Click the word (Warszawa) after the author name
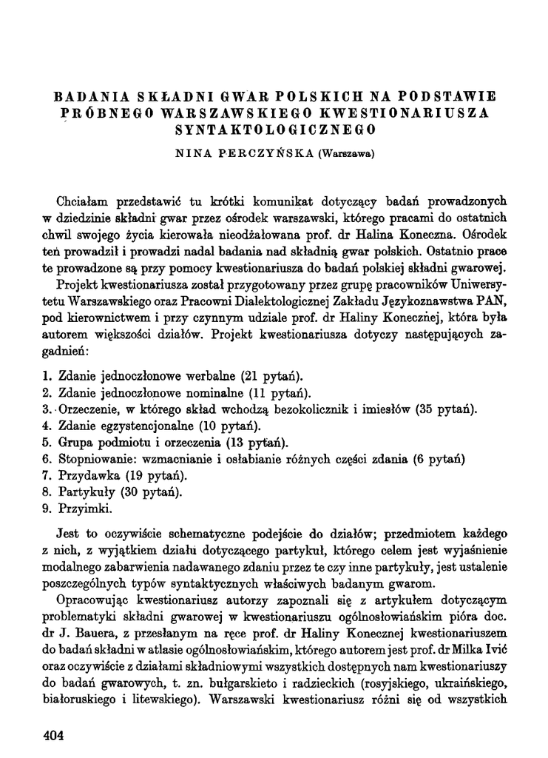click(345, 155)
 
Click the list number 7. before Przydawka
click(47, 474)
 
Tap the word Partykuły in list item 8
click(86, 492)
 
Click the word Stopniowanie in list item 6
click(94, 458)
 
